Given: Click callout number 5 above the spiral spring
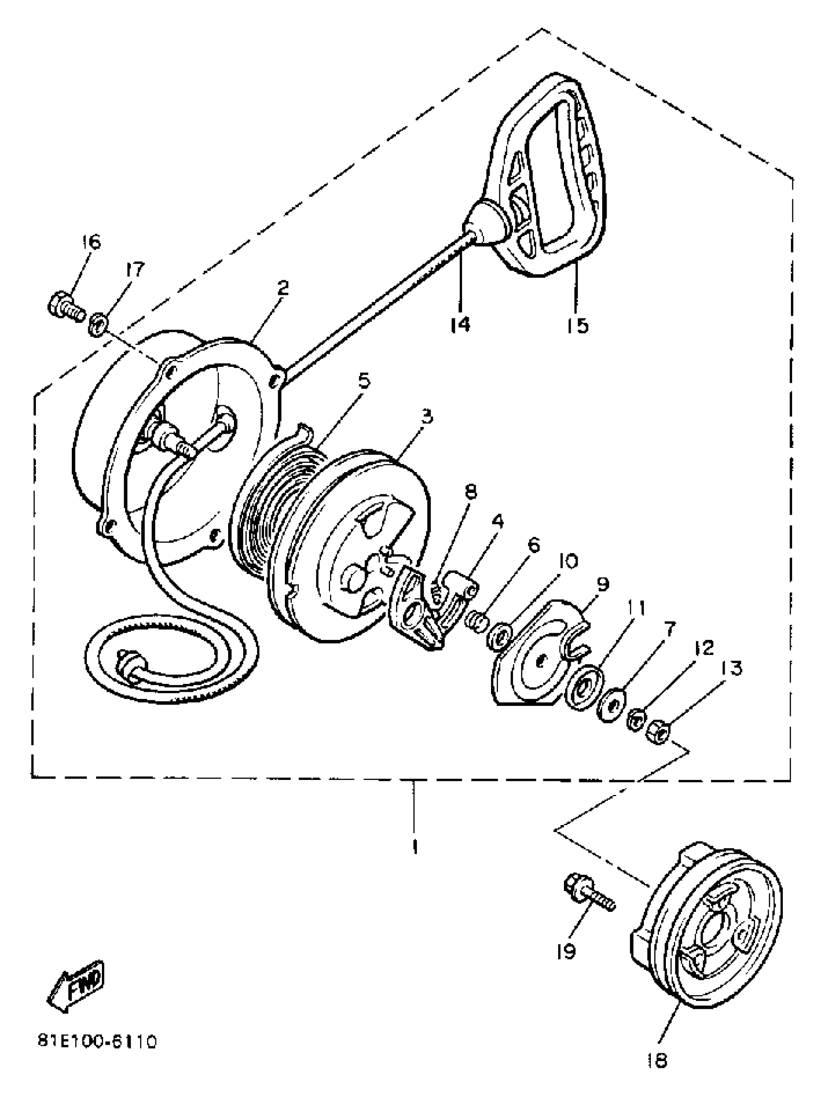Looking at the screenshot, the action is pyautogui.click(x=364, y=381).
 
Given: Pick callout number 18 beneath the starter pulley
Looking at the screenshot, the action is pyautogui.click(x=657, y=1060).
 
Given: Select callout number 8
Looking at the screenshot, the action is pyautogui.click(x=470, y=492).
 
